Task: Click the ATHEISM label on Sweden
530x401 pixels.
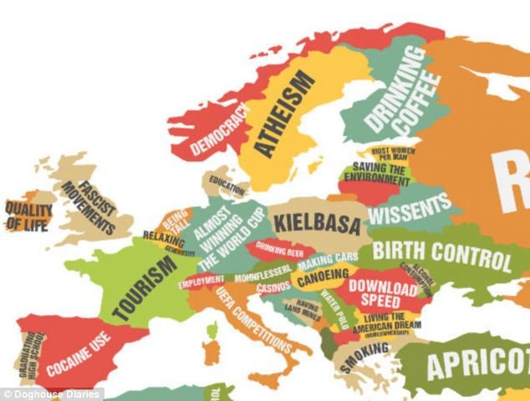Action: coord(284,114)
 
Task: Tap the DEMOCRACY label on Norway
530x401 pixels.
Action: coord(220,130)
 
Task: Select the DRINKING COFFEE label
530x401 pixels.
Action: coord(401,92)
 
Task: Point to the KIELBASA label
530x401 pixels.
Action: coord(317,224)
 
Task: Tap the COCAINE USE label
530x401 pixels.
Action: coord(79,354)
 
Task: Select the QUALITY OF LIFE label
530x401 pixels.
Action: coord(28,216)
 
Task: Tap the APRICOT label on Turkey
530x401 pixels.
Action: coord(477,363)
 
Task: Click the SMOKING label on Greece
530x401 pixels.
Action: coord(364,354)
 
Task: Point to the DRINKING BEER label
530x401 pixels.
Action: coord(279,247)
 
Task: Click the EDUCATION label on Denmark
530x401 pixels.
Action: coord(227,180)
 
